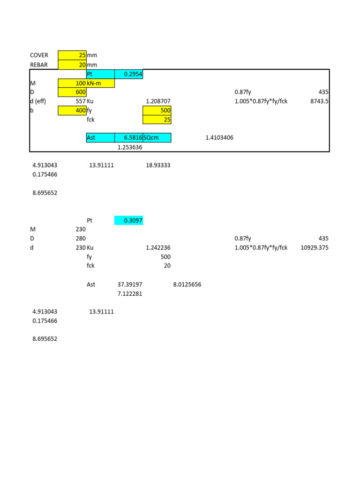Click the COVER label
click(39, 55)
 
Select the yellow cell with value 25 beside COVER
click(72, 55)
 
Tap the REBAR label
click(39, 65)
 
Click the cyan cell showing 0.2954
click(129, 74)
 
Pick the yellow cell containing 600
click(72, 92)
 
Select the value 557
click(80, 101)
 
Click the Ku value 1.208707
click(158, 101)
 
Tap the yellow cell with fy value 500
click(157, 111)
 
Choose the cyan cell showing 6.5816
click(129, 138)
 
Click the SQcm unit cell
click(157, 138)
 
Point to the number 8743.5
click(319, 101)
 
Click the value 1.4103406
click(219, 138)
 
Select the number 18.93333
click(158, 165)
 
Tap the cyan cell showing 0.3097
click(129, 220)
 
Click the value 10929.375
click(314, 248)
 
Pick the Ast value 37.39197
click(130, 285)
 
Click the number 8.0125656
click(187, 285)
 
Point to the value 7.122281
click(130, 294)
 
